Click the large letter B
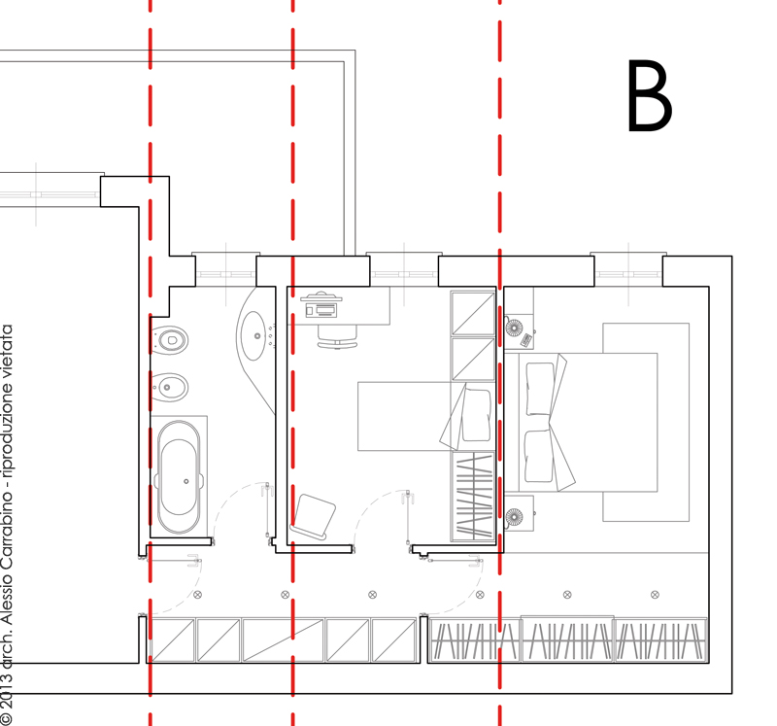pyautogui.click(x=650, y=95)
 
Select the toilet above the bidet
pyautogui.click(x=169, y=340)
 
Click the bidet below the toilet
pyautogui.click(x=169, y=388)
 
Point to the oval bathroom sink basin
pyautogui.click(x=254, y=335)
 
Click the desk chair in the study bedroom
pyautogui.click(x=337, y=337)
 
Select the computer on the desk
pyautogui.click(x=321, y=305)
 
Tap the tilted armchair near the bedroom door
pyautogui.click(x=313, y=516)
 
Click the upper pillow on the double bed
pyautogui.click(x=539, y=389)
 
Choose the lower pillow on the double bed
pyautogui.click(x=539, y=456)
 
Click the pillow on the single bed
pyautogui.click(x=476, y=415)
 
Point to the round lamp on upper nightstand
pyautogui.click(x=514, y=328)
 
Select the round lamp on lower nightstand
pyautogui.click(x=514, y=517)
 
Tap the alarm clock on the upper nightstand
pyautogui.click(x=526, y=340)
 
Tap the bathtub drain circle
pyautogui.click(x=186, y=481)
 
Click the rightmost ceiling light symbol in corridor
pyautogui.click(x=655, y=594)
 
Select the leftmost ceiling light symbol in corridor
pyautogui.click(x=198, y=594)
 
